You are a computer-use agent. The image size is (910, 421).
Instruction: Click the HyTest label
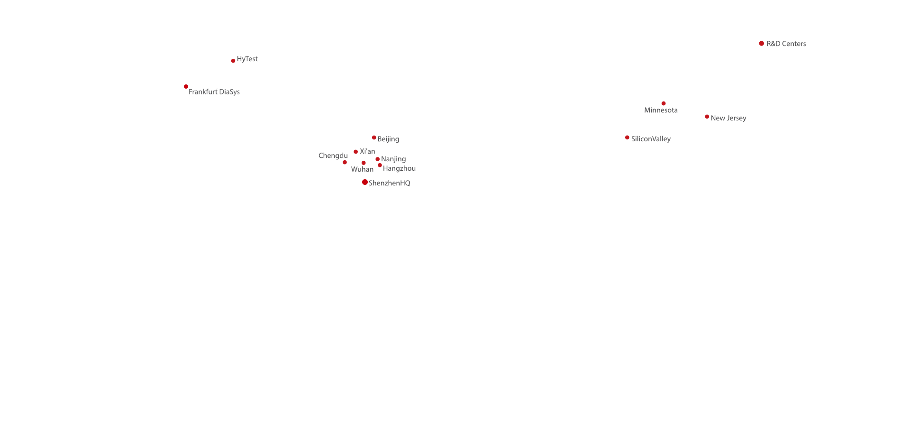(247, 59)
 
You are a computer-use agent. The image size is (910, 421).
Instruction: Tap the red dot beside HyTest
(233, 61)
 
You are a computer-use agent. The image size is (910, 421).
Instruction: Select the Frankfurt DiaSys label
(214, 92)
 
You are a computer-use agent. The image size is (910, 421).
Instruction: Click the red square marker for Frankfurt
(186, 86)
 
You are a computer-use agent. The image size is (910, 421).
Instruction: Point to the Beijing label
(388, 139)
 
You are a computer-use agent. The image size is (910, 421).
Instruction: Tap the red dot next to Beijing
(374, 138)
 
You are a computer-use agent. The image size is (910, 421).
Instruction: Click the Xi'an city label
(367, 152)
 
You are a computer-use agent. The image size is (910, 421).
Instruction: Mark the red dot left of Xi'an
(355, 152)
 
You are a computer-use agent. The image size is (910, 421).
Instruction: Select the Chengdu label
(333, 156)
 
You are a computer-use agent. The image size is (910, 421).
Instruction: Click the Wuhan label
(362, 169)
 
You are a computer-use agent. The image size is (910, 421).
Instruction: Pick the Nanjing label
(393, 159)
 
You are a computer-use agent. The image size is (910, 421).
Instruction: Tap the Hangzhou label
(399, 169)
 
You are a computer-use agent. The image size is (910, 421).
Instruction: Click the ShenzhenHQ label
(390, 183)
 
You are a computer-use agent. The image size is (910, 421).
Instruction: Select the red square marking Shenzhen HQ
(365, 182)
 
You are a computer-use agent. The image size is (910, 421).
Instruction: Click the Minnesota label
(661, 110)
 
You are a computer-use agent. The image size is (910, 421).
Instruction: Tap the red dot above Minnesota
(664, 103)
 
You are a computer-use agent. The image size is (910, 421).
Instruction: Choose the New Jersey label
(728, 119)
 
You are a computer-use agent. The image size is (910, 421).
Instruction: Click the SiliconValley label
(651, 139)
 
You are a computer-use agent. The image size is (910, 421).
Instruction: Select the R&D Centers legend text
(786, 44)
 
